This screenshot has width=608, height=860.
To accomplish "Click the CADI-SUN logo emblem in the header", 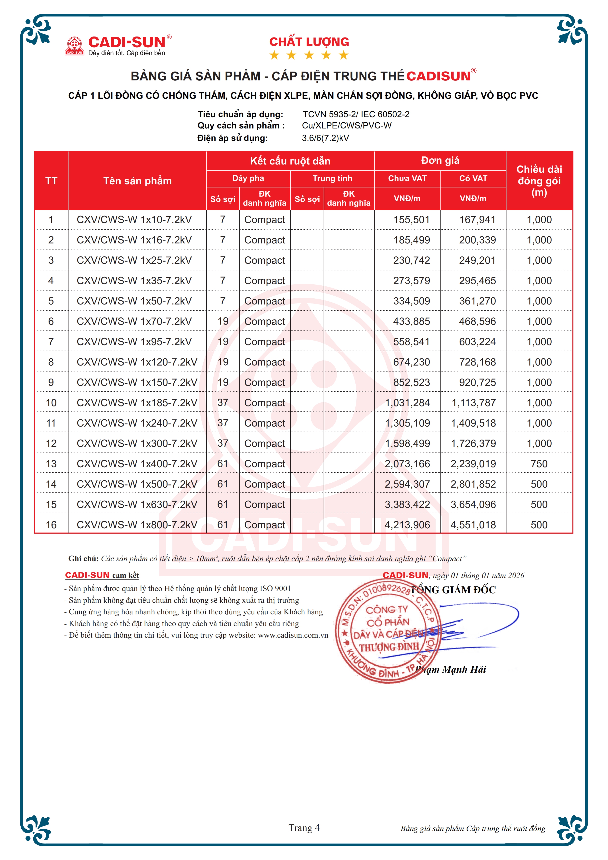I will click(x=75, y=46).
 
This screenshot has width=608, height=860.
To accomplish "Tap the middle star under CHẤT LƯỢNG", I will click(x=309, y=55).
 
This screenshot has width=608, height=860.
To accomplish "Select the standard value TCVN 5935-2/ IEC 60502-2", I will click(x=356, y=114).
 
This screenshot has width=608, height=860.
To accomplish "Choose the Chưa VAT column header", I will click(x=407, y=178).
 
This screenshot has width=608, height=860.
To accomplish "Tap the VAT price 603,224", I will click(x=477, y=341).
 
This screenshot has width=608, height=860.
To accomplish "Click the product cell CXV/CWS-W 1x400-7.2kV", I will click(x=137, y=464).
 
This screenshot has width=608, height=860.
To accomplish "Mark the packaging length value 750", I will click(x=539, y=464).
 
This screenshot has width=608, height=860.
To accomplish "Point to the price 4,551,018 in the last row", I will click(x=473, y=525).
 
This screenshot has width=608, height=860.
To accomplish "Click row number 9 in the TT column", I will click(x=51, y=382).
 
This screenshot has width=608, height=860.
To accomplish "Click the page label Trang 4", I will click(x=304, y=828).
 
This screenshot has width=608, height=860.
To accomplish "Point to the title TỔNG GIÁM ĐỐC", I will click(x=453, y=590).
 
